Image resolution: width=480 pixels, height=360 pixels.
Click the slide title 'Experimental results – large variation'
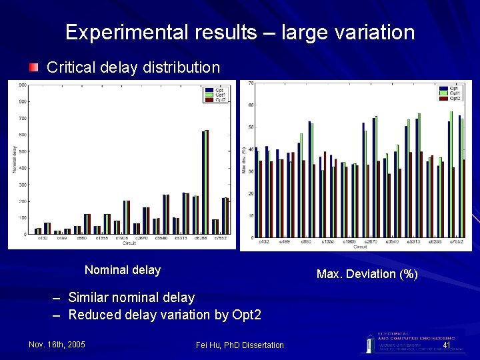coord(240,32)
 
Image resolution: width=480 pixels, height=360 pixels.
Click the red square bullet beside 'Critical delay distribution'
coord(34,67)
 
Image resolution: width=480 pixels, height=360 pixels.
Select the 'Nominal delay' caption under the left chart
coord(123,270)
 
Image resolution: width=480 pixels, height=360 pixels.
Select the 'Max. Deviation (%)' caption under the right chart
coord(367,274)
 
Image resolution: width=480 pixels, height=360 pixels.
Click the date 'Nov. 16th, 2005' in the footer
coord(57,345)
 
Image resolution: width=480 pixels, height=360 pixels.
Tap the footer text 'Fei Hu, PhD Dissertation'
coord(240,345)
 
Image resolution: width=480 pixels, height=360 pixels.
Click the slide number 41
coord(447,345)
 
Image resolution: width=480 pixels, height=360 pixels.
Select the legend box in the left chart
coord(216,95)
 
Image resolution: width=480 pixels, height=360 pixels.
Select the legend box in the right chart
coord(451,93)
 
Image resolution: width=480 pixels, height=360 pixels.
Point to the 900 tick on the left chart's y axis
coord(23,85)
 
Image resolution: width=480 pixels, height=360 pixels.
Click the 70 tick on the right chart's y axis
coord(251,83)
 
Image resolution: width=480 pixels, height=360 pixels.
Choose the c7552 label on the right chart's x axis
coord(456,242)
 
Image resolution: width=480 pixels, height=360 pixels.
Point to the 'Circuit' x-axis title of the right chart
coord(360,247)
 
